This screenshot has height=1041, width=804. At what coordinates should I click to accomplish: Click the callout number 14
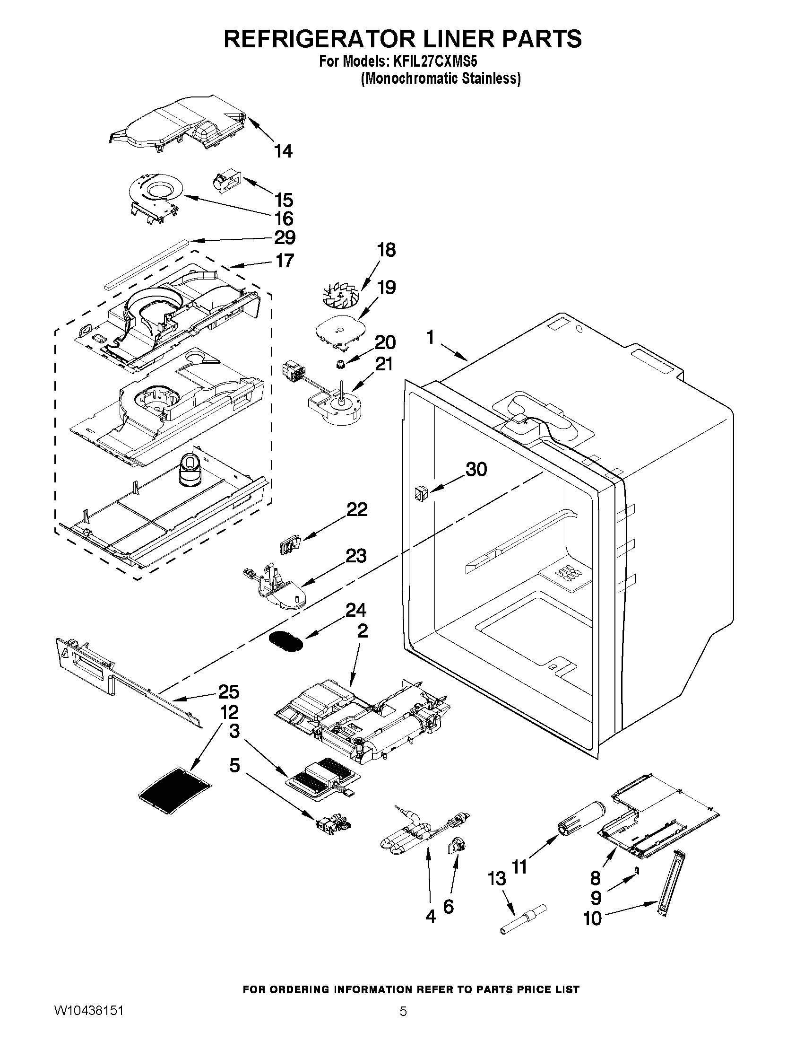(284, 151)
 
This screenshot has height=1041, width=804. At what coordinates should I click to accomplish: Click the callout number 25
(229, 691)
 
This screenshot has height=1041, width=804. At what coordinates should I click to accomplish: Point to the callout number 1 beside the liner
(431, 338)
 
